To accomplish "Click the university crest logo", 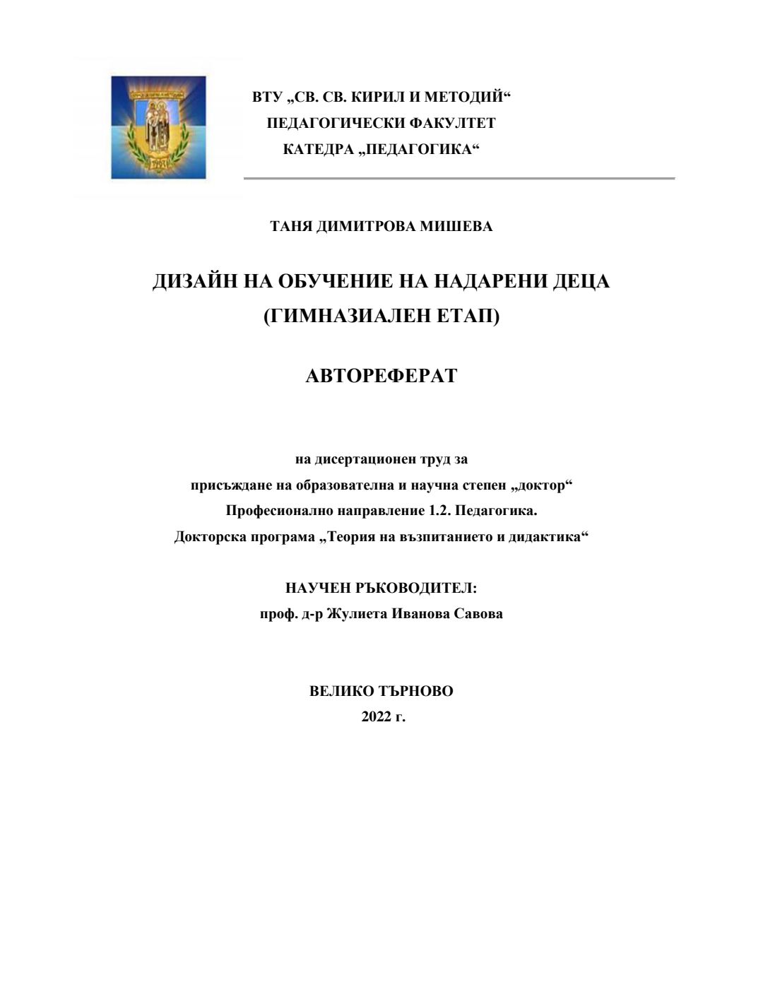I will pyautogui.click(x=158, y=127).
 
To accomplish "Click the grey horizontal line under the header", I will pyautogui.click(x=459, y=178).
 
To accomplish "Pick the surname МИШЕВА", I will pyautogui.click(x=456, y=226).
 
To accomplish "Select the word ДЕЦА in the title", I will pyautogui.click(x=581, y=281).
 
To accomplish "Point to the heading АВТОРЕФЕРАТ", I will pyautogui.click(x=381, y=375).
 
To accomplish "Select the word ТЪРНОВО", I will pyautogui.click(x=416, y=691).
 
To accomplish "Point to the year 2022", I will pyautogui.click(x=376, y=716).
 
